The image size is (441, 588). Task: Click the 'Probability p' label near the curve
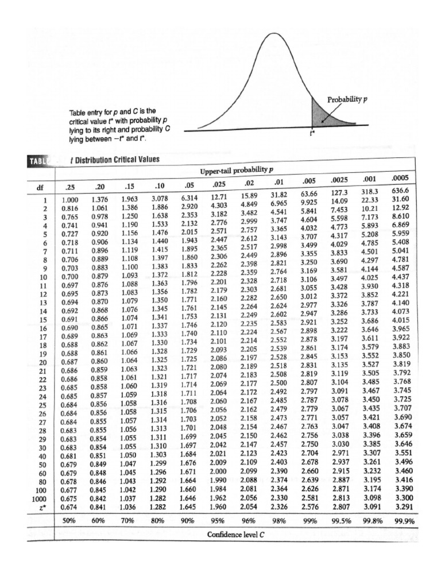tap(347, 99)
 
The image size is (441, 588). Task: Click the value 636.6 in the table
tap(399, 191)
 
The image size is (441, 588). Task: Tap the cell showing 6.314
tap(189, 198)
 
